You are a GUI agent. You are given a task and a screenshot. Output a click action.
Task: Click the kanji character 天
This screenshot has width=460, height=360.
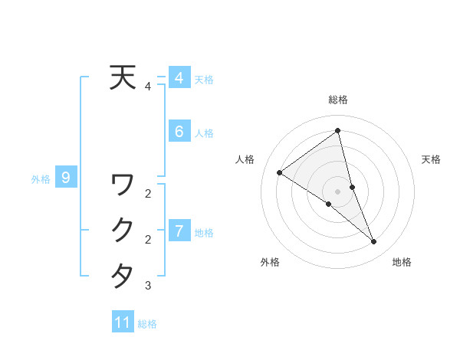123,77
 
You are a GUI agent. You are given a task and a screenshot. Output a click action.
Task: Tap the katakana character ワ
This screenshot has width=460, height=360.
123,184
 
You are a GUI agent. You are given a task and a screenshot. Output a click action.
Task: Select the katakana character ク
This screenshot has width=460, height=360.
123,229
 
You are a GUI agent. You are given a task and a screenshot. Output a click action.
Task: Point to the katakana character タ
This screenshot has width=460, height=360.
123,275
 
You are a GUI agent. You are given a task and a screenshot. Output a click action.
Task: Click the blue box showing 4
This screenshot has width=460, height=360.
179,78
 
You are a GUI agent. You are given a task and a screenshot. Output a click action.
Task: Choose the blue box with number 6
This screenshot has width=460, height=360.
179,132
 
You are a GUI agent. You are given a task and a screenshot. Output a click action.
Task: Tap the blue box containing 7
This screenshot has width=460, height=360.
179,231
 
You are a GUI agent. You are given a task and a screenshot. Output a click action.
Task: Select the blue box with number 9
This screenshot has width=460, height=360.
66,178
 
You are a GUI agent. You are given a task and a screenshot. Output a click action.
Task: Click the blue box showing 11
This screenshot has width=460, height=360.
123,322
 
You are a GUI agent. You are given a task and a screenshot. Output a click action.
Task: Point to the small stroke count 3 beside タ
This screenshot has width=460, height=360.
148,286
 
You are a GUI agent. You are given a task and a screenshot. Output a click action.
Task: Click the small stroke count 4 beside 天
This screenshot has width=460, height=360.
148,87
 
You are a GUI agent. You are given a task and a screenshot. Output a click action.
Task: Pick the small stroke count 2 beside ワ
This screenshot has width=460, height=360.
148,194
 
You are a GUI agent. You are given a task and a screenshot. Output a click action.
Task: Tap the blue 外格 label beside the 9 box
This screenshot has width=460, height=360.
41,180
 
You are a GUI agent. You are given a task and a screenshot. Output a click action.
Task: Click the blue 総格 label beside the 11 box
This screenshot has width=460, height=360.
147,324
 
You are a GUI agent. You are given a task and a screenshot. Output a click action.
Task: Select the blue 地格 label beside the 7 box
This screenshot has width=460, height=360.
204,232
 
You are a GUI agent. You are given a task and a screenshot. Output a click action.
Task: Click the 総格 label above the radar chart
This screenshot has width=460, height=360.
338,100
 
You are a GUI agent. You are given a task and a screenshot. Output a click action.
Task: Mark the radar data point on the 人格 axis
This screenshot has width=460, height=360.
280,172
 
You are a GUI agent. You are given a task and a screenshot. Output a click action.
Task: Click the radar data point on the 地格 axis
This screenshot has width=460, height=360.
373,241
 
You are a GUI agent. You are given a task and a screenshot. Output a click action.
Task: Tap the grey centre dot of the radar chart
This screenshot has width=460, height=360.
338,191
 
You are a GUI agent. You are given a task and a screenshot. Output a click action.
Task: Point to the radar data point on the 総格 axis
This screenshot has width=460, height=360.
338,131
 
